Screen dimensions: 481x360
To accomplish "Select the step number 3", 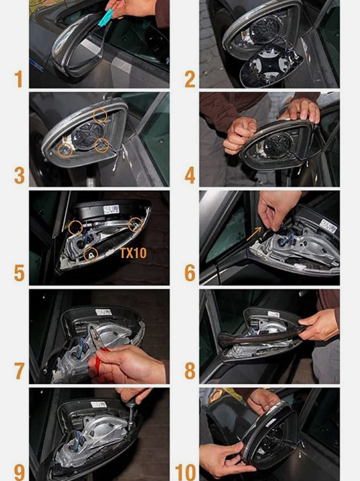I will [x=19, y=176].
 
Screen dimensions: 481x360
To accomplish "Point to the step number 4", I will [x=190, y=176].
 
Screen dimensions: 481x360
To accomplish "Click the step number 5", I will [x=19, y=273].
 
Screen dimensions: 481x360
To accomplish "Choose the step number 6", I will [x=190, y=273].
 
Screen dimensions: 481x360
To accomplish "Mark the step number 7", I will [x=19, y=371].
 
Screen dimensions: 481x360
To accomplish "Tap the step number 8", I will [x=190, y=371].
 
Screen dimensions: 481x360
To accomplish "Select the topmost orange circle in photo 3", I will [x=100, y=116].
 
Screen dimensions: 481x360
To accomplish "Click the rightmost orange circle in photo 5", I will [x=135, y=223].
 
